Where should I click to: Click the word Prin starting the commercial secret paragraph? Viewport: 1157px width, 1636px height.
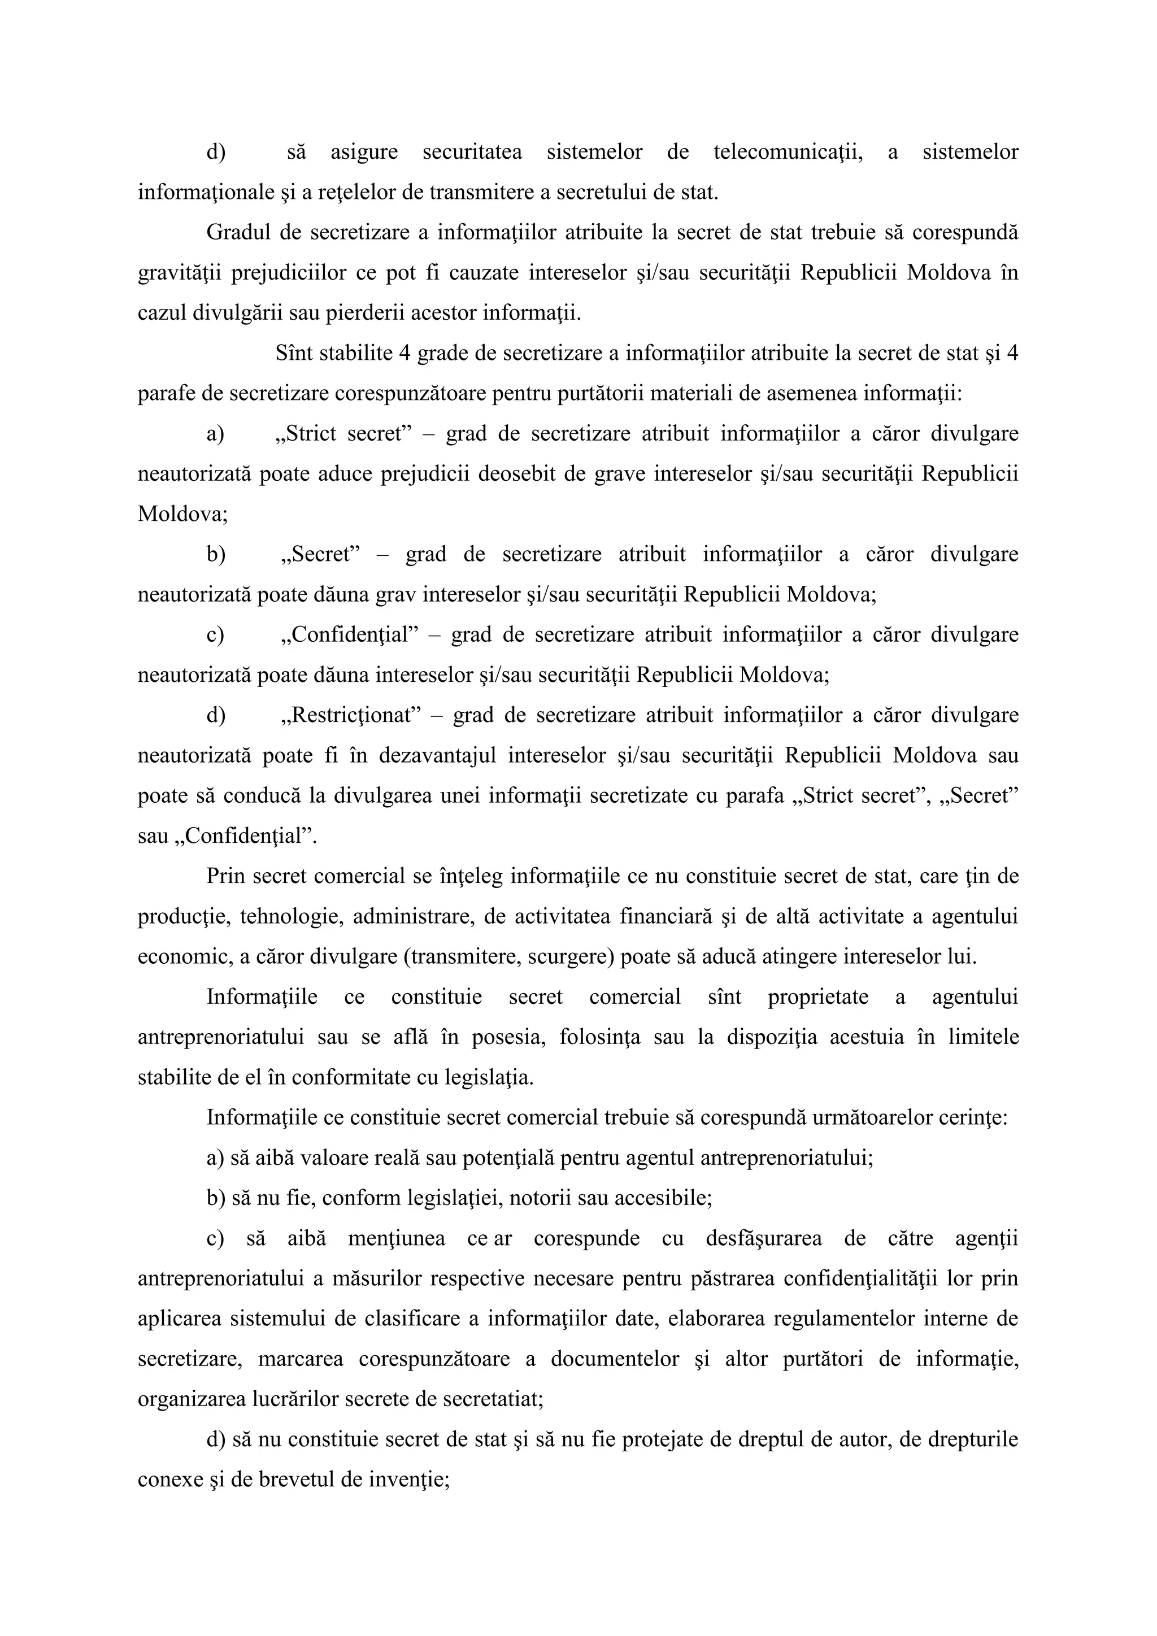225,876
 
